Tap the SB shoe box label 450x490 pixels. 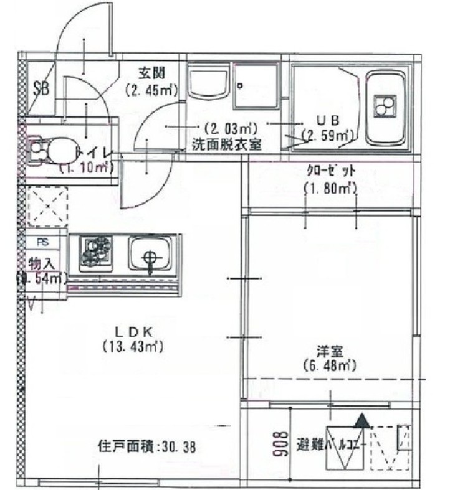click(41, 87)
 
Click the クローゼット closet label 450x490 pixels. click(330, 169)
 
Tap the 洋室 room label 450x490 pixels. click(330, 351)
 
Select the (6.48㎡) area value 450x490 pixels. click(329, 365)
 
